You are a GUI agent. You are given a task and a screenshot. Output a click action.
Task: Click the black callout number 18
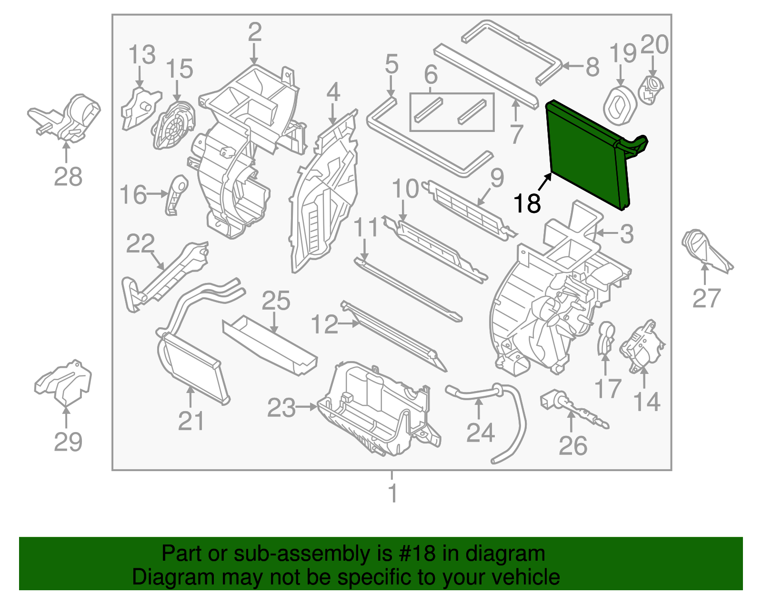(527, 203)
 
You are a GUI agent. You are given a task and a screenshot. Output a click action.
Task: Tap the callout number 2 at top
(255, 32)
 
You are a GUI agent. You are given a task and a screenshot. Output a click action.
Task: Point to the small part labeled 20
(651, 88)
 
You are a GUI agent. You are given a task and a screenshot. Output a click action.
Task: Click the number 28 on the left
(68, 177)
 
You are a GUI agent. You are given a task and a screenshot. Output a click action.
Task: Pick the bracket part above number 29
(64, 381)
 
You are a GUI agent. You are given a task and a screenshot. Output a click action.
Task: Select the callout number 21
(191, 421)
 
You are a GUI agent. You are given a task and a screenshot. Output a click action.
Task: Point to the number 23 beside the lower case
(281, 408)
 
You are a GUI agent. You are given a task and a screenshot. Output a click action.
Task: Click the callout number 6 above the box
(431, 74)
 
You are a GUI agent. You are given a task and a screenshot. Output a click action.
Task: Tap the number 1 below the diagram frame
(392, 494)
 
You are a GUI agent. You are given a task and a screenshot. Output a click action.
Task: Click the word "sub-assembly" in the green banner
(323, 554)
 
